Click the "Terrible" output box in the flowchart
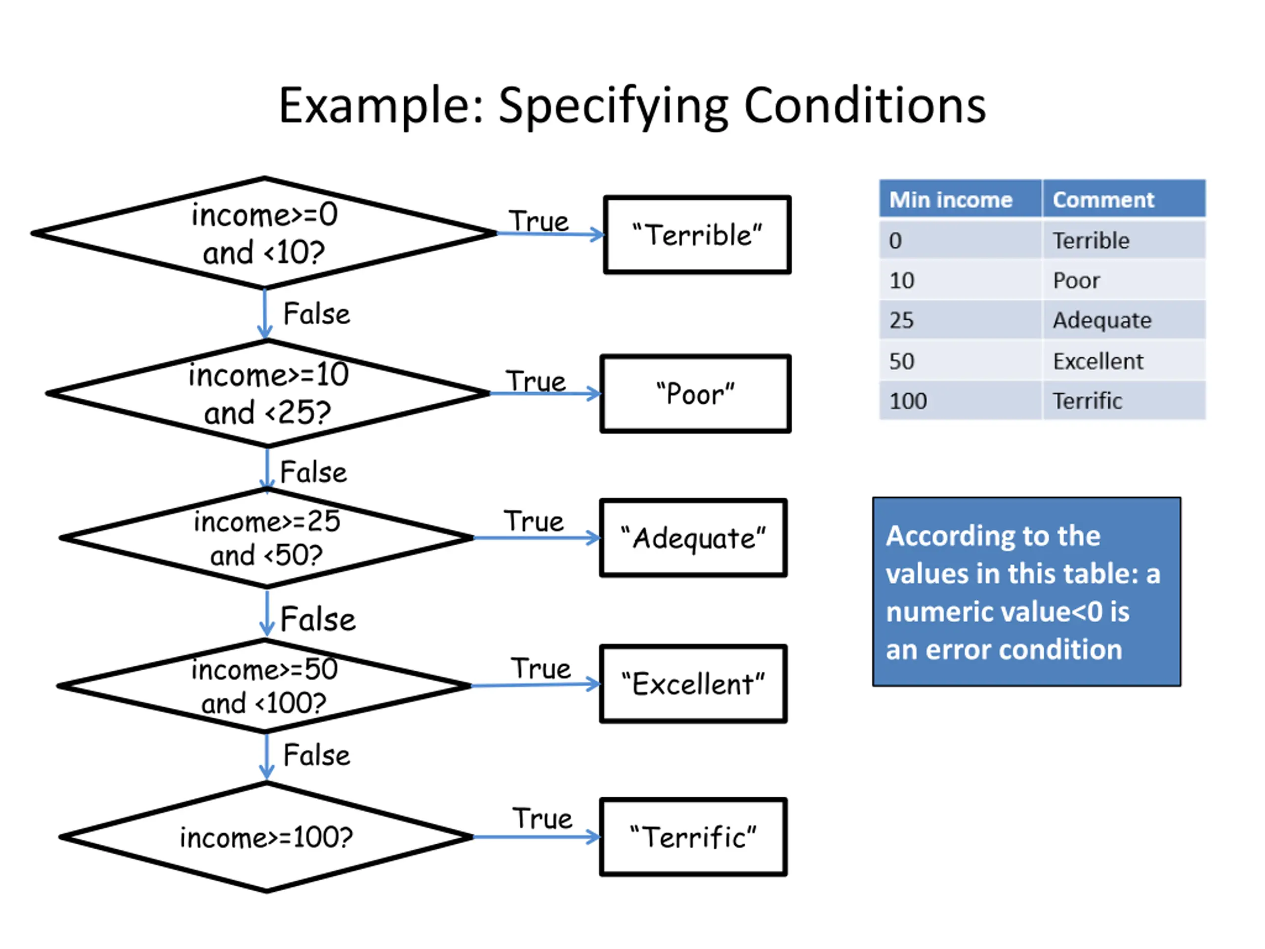click(x=697, y=235)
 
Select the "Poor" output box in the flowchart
click(x=695, y=393)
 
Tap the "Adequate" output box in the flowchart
click(x=694, y=538)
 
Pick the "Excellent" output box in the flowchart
click(x=694, y=684)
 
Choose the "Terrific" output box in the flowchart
click(x=694, y=837)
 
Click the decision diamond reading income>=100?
click(x=266, y=837)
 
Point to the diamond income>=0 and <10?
click(x=264, y=233)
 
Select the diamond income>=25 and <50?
click(x=266, y=538)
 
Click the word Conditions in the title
click(x=865, y=106)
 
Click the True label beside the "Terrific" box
click(x=542, y=819)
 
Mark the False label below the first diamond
click(x=316, y=313)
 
